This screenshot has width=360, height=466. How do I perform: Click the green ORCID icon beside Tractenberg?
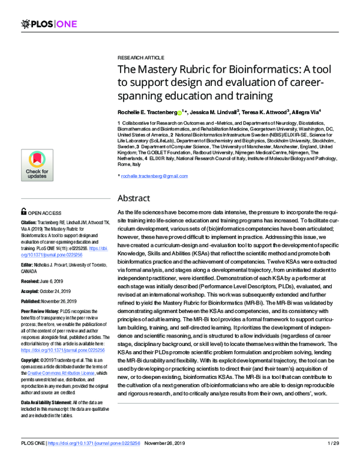[x=179, y=111]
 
